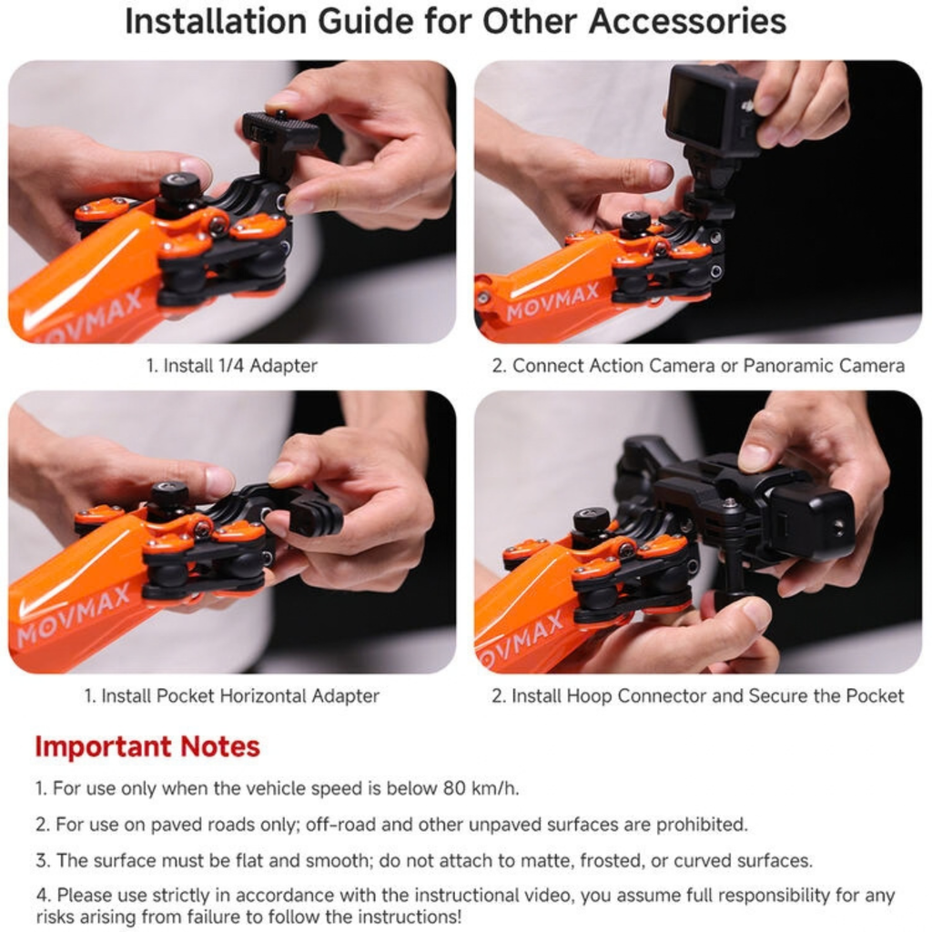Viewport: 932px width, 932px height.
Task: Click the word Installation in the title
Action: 217,22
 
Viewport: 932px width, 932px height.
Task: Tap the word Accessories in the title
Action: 688,22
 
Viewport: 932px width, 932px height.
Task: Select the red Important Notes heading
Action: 147,746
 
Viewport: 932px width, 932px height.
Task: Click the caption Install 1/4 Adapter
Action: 232,366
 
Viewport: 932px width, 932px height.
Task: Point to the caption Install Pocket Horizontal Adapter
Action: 232,696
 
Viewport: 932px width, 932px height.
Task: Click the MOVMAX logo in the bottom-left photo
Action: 74,613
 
